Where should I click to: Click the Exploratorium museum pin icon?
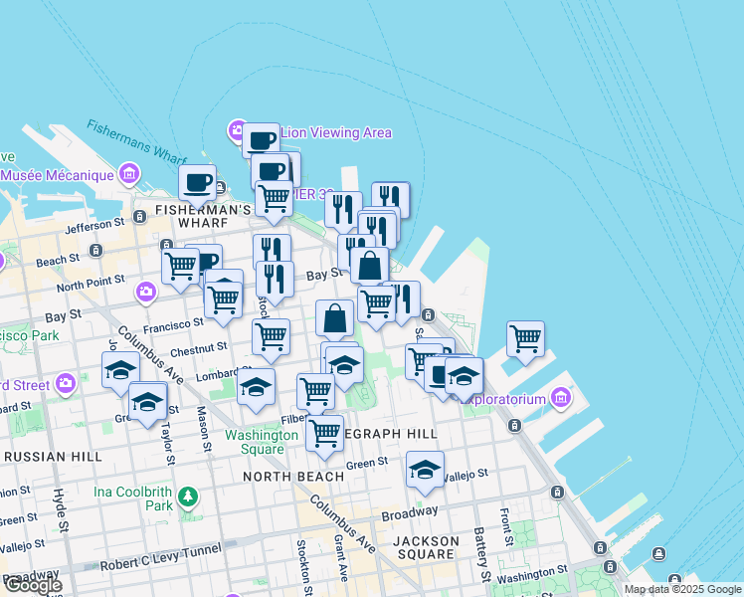point(560,399)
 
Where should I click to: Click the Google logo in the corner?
point(32,585)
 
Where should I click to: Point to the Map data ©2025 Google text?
point(682,589)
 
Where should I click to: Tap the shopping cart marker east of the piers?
point(525,337)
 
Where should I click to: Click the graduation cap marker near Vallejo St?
point(425,469)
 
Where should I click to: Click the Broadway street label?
point(410,512)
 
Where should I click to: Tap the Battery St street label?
point(482,555)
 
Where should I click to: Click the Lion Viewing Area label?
point(335,132)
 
